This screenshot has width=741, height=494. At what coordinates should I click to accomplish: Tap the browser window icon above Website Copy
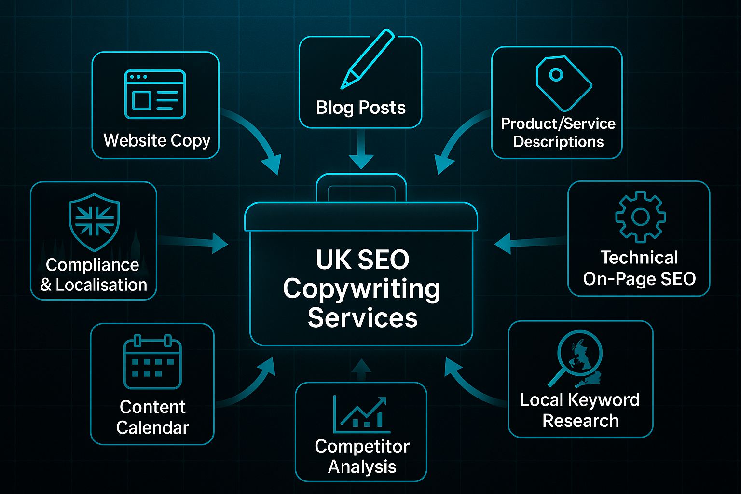(x=155, y=94)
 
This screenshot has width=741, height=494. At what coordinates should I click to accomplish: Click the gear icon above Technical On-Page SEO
(x=640, y=217)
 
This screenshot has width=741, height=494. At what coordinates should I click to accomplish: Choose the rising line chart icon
(x=361, y=414)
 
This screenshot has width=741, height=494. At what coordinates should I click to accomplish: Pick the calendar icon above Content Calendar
(x=152, y=362)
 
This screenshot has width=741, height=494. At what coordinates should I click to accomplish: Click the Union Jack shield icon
(x=94, y=222)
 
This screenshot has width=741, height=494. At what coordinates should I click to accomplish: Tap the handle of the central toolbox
(x=361, y=187)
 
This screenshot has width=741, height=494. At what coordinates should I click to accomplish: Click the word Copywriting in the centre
(x=361, y=289)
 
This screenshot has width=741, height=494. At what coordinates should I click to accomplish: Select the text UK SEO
(x=362, y=260)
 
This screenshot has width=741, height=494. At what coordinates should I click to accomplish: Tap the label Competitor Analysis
(x=362, y=456)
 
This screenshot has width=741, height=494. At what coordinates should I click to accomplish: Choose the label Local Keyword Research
(x=580, y=410)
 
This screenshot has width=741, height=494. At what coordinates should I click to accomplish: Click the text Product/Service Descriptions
(x=558, y=133)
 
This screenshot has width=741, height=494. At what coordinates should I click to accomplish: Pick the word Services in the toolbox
(x=362, y=318)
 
